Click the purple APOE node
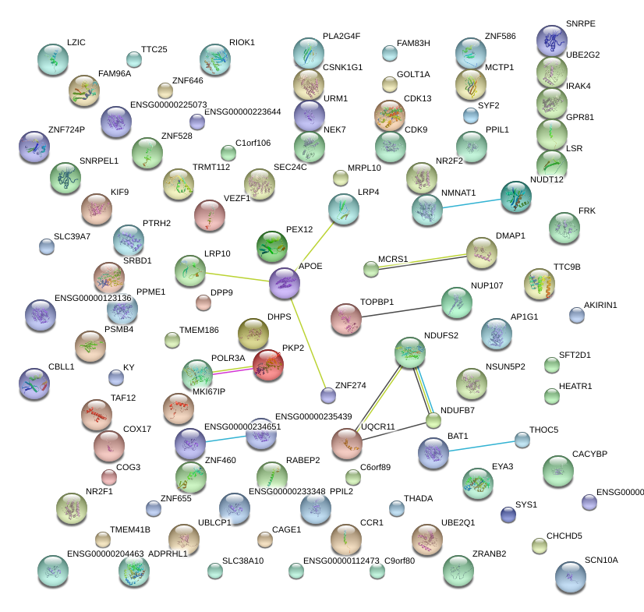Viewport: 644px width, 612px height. tap(284, 283)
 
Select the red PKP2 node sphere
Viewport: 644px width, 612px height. tap(268, 364)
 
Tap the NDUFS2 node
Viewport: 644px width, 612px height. tap(410, 353)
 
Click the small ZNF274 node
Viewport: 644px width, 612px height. tap(328, 395)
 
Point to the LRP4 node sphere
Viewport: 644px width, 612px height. tap(342, 208)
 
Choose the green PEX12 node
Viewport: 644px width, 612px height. tap(272, 246)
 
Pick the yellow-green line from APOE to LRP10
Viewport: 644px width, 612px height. tap(237, 277)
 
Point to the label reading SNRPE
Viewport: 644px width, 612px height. tap(581, 24)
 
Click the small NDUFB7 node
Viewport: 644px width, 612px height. tap(433, 421)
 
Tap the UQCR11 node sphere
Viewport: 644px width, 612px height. tap(347, 444)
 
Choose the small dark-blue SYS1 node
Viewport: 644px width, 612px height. tap(508, 514)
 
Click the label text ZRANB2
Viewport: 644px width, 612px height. tap(489, 554)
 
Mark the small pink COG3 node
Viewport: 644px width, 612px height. tap(109, 476)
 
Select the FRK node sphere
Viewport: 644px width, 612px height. tap(564, 228)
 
